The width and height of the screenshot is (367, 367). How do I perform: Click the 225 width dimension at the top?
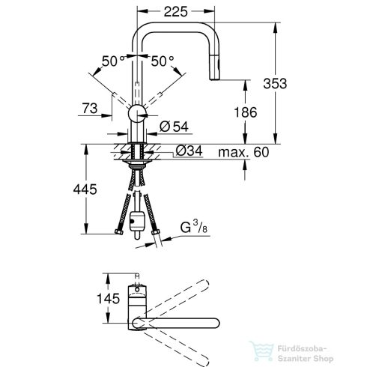(x=174, y=11)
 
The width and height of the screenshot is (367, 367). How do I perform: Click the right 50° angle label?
(x=163, y=60)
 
